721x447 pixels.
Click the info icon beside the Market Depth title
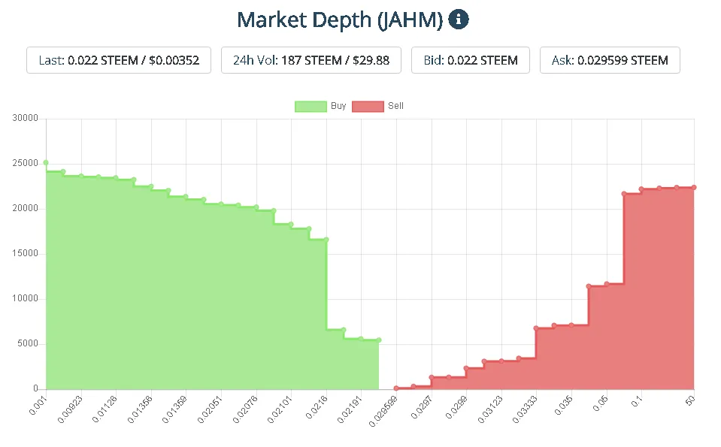[x=459, y=20]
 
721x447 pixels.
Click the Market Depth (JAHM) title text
[x=340, y=20]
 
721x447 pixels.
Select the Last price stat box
[x=119, y=60]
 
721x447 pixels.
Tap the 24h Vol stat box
[x=311, y=60]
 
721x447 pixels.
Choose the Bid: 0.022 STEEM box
[x=470, y=60]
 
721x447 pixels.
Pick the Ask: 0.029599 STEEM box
[x=610, y=60]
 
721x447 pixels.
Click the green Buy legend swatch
[x=311, y=106]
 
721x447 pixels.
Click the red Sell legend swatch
[x=368, y=106]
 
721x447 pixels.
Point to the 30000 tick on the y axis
[x=26, y=118]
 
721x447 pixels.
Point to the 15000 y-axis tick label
[x=26, y=253]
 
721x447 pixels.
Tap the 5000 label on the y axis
[x=28, y=343]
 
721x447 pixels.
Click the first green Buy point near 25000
[x=46, y=162]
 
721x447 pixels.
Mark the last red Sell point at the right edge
[x=693, y=187]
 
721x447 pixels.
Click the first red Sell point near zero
[x=396, y=388]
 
